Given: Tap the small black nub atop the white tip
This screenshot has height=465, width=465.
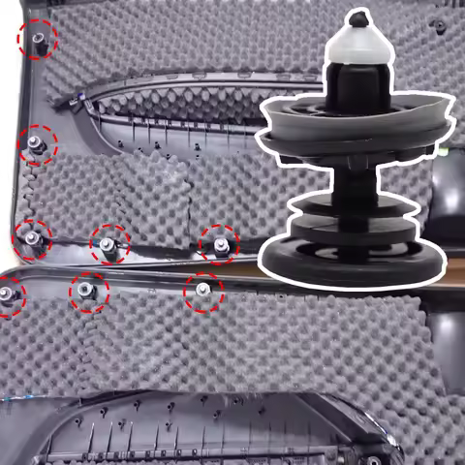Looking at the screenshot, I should [358, 17].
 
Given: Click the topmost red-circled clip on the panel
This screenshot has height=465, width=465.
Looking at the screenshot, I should [38, 38].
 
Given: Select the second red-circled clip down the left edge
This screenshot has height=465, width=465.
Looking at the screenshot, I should [38, 145].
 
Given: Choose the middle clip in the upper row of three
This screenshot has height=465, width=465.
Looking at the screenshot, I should [109, 244].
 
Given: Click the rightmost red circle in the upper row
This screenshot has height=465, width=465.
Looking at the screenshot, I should [218, 243].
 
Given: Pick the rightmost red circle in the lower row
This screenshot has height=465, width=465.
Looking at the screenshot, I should [203, 291].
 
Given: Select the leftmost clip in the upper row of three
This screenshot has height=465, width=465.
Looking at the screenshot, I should [32, 238].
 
